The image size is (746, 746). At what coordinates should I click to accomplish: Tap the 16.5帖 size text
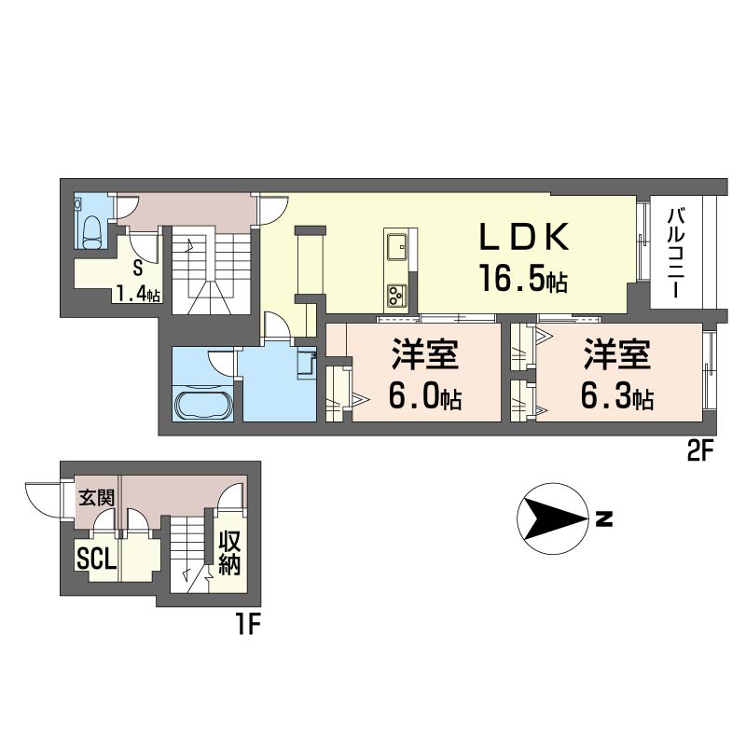click(523, 279)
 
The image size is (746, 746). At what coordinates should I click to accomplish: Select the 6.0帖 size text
click(425, 398)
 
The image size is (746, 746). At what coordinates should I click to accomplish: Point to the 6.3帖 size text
click(616, 398)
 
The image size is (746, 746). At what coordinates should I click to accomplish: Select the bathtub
click(202, 407)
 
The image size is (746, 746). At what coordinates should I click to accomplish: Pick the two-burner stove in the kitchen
click(394, 296)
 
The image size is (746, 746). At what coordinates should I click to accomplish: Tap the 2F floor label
click(699, 454)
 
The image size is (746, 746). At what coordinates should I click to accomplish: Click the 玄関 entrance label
click(96, 497)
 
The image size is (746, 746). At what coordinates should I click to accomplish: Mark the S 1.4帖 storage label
click(137, 283)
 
